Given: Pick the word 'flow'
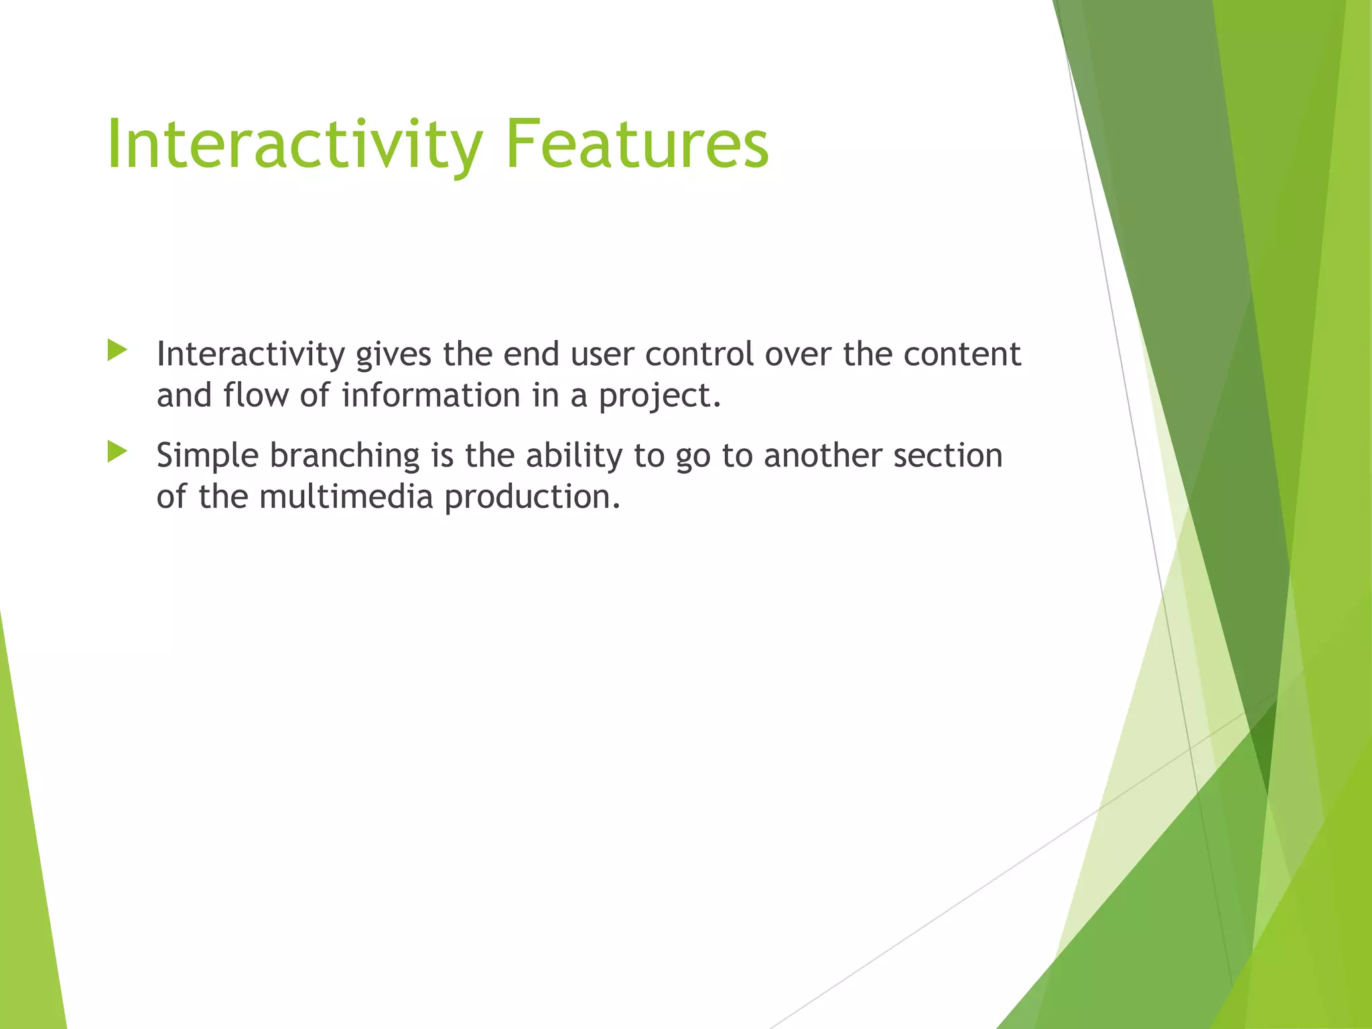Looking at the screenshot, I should pos(257,395).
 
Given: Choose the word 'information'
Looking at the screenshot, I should pos(431,395).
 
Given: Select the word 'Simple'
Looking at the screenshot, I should pos(207,457).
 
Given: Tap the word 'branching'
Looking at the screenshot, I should pos(344,457).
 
